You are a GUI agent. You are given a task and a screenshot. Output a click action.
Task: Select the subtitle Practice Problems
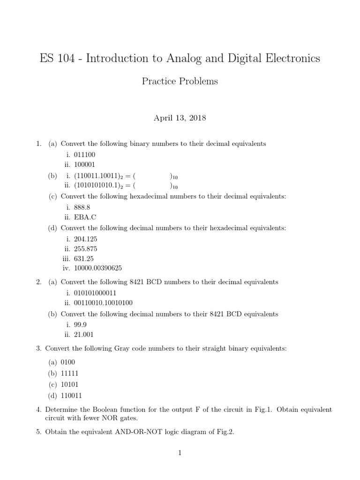180,81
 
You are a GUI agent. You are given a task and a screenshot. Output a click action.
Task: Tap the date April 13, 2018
180,118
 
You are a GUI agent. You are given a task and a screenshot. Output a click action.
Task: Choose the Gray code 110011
71,395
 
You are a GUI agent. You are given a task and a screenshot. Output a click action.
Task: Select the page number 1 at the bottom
180,452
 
